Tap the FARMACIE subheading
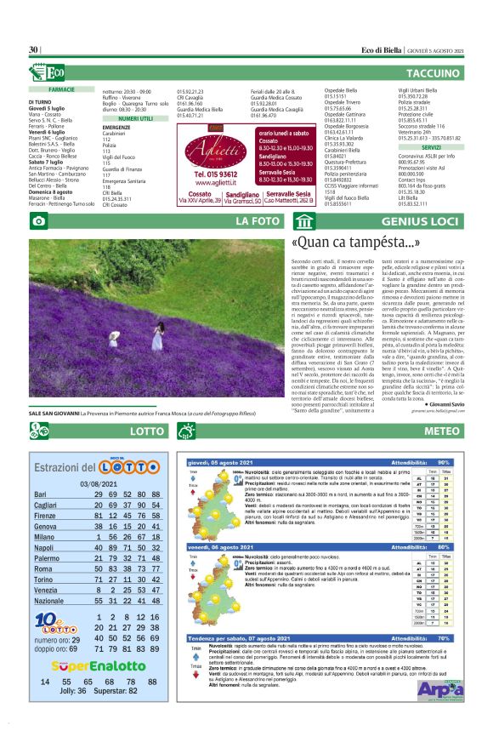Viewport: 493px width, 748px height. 62,89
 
